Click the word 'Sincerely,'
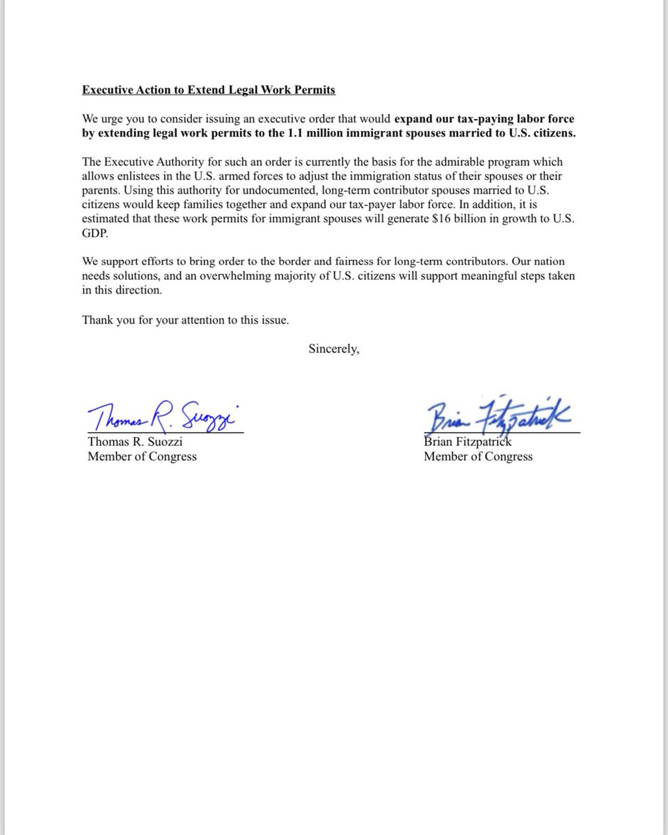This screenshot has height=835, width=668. [334, 349]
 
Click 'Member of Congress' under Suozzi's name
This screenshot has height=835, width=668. [142, 456]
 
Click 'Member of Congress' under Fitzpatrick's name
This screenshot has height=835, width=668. [478, 456]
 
